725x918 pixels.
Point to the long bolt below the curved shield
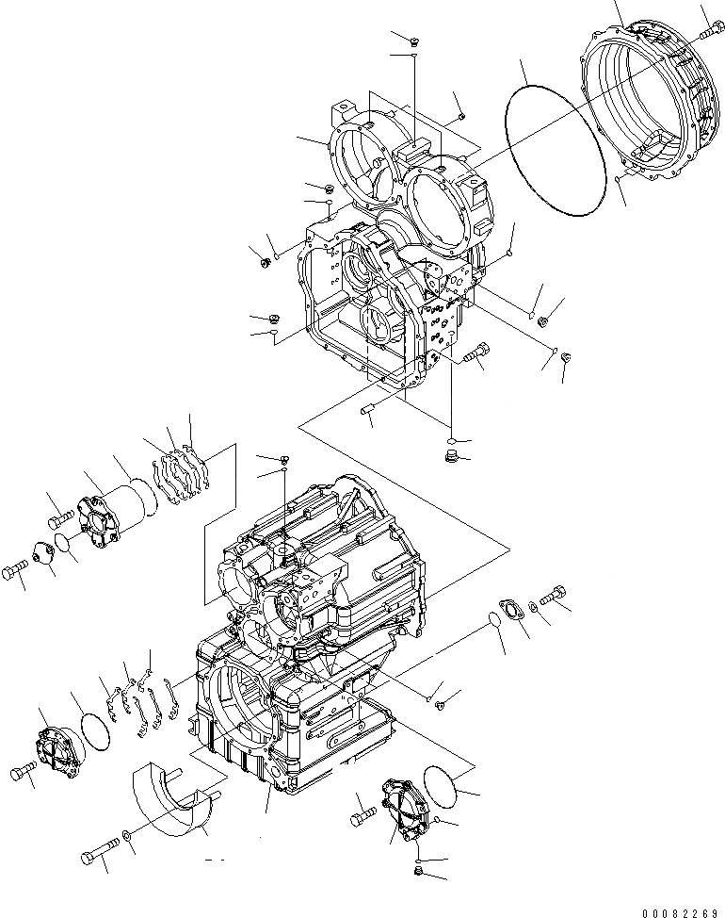(x=98, y=854)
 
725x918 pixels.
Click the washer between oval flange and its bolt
(x=535, y=604)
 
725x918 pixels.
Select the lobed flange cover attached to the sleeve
(x=96, y=520)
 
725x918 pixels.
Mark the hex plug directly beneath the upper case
(x=451, y=457)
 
